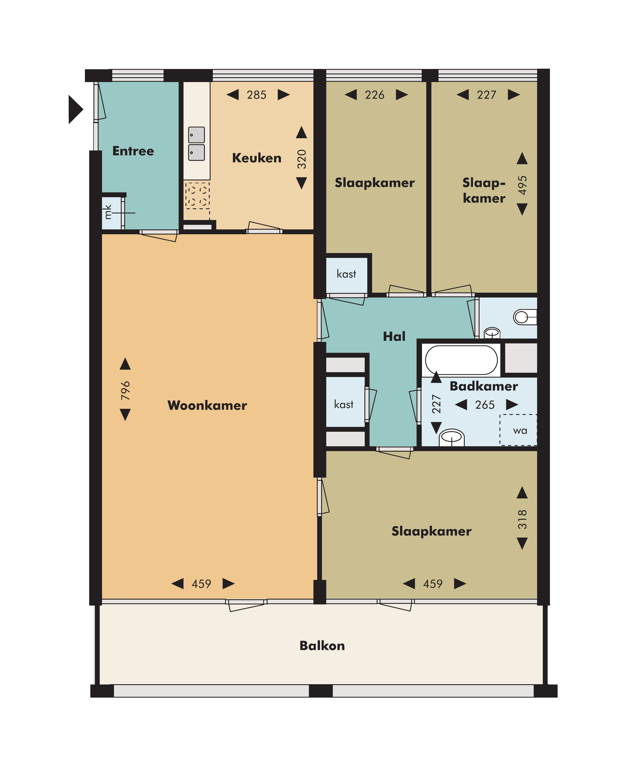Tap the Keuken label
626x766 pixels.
click(x=256, y=158)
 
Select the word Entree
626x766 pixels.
click(x=133, y=151)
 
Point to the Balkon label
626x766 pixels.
click(x=322, y=645)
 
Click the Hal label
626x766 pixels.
click(x=394, y=337)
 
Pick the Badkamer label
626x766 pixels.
click(x=484, y=386)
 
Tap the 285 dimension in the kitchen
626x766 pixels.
click(x=256, y=95)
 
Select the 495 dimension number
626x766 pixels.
click(x=522, y=185)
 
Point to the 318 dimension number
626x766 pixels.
click(x=522, y=519)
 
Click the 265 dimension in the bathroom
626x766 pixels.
click(x=485, y=405)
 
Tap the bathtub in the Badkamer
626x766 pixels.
click(x=461, y=360)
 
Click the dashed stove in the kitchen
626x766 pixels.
click(x=197, y=195)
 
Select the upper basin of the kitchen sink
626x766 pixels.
click(x=197, y=135)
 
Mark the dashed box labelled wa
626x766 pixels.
click(x=518, y=430)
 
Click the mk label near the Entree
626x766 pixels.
click(x=108, y=212)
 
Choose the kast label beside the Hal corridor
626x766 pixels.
click(x=344, y=404)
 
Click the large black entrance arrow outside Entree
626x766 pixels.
click(x=76, y=109)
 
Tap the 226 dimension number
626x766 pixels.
click(x=374, y=95)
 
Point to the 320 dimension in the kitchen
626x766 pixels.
click(x=301, y=159)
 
